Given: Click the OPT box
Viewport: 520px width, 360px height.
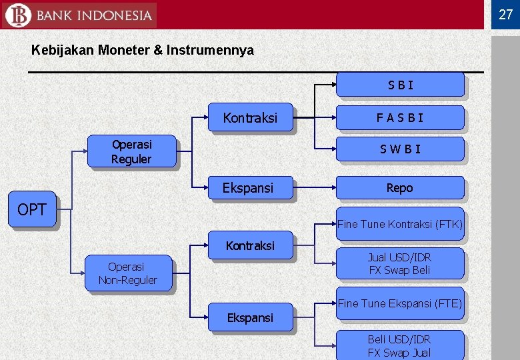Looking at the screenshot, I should click(32, 210).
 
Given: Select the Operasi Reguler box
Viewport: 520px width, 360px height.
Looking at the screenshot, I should click(131, 151).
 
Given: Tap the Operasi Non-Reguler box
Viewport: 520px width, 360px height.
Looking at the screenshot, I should click(127, 273).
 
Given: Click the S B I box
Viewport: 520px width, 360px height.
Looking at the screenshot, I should click(399, 85).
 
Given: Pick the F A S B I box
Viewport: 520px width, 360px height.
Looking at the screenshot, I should click(399, 118).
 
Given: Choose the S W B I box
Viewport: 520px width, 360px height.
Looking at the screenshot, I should click(399, 149).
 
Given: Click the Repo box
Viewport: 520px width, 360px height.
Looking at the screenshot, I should click(399, 188).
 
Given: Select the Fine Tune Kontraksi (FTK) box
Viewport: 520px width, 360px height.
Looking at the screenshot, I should click(399, 225).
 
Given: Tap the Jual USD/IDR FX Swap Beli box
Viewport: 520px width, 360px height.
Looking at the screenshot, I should click(399, 263).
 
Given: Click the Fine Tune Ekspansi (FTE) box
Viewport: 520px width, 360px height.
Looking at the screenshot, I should click(399, 303).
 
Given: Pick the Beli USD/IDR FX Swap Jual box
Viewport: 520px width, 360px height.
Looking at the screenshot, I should click(399, 346).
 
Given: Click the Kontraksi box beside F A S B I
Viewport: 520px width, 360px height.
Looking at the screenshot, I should click(250, 118).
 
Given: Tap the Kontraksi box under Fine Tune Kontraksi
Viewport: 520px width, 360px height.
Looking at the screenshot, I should click(250, 245).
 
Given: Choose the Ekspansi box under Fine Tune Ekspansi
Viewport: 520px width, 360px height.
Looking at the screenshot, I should click(250, 317).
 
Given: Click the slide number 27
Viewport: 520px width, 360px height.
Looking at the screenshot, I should click(506, 14).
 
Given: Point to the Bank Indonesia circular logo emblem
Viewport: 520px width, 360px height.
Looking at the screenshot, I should click(17, 15).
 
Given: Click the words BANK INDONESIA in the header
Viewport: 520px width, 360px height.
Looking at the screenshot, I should click(94, 15).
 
